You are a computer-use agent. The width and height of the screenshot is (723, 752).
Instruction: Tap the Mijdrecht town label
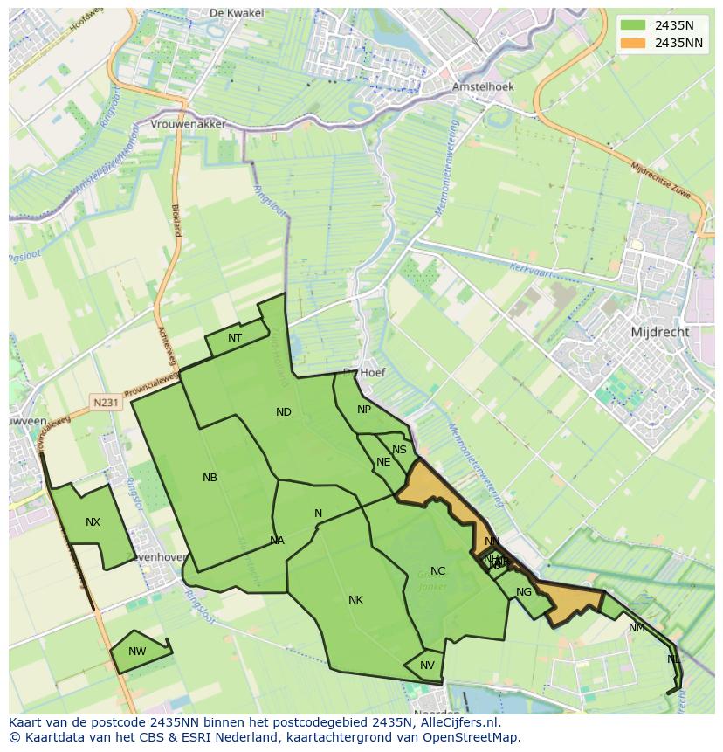[x=659, y=332]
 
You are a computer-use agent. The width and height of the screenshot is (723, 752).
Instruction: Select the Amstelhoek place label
[x=483, y=87]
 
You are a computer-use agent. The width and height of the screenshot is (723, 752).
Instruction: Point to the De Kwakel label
[x=231, y=13]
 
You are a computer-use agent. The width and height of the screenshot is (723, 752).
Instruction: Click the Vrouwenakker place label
[x=188, y=125]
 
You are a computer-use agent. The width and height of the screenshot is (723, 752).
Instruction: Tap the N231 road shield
[x=106, y=403]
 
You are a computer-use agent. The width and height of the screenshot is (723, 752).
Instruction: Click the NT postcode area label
[x=235, y=338]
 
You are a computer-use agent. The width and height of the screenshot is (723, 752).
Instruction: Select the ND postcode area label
[x=284, y=412]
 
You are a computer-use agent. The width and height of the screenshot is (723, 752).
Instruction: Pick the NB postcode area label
[x=210, y=478]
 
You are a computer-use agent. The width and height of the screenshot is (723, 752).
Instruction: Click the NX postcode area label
[x=93, y=522]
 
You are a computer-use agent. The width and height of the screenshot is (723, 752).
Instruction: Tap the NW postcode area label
[x=137, y=652]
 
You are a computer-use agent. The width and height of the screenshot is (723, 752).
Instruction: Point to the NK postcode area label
[x=355, y=600]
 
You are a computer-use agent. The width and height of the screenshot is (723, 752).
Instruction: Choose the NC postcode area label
[x=437, y=571]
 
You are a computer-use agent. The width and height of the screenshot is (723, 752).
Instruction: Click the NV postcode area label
[x=427, y=666]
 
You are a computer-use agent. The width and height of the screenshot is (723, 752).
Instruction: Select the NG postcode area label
[x=524, y=592]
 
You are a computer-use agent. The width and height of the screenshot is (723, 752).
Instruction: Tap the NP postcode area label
[x=364, y=410]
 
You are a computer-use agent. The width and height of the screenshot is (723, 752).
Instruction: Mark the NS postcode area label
[x=399, y=450]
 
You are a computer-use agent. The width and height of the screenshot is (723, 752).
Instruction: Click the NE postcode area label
[x=383, y=462]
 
